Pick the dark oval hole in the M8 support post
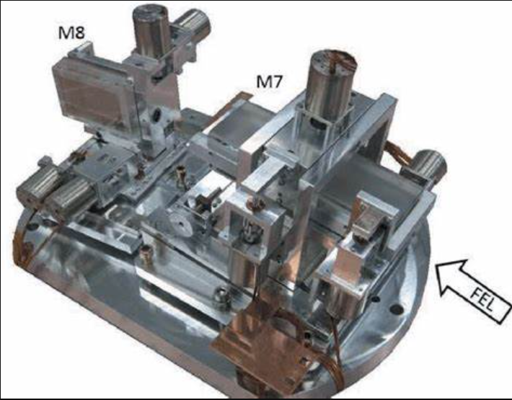point(156,113)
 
